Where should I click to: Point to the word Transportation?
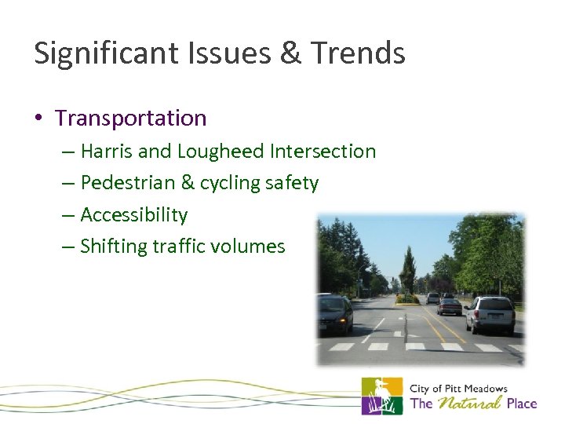click(131, 119)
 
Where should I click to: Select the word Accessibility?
click(134, 214)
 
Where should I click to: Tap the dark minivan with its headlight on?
click(336, 313)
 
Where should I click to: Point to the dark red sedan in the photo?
click(449, 306)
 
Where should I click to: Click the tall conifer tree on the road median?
click(408, 271)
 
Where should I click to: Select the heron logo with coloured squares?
click(381, 396)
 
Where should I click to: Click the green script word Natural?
click(469, 404)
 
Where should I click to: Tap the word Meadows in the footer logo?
click(483, 389)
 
